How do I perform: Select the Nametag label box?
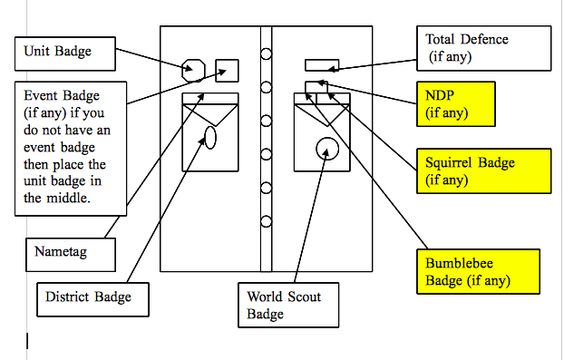pyautogui.click(x=68, y=253)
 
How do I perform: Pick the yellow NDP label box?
pyautogui.click(x=456, y=103)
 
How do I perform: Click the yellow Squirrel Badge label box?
pyautogui.click(x=483, y=171)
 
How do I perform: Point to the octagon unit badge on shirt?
pyautogui.click(x=193, y=70)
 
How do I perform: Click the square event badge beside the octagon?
pyautogui.click(x=227, y=70)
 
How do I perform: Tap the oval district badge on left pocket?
pyautogui.click(x=209, y=137)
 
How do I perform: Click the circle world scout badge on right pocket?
pyautogui.click(x=326, y=149)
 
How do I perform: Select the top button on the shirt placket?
pyautogui.click(x=267, y=54)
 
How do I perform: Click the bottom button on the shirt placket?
pyautogui.click(x=267, y=221)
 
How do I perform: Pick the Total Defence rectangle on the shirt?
pyautogui.click(x=322, y=64)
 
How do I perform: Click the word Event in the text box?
pyautogui.click(x=41, y=95)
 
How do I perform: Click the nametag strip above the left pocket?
pyautogui.click(x=209, y=97)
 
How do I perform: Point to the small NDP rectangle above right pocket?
pyautogui.click(x=314, y=86)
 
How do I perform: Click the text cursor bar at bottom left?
pyautogui.click(x=27, y=341)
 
